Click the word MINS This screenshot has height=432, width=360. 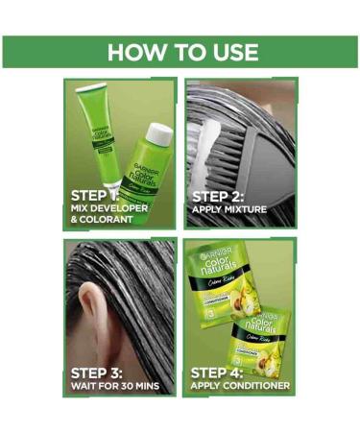pyautogui.click(x=155, y=387)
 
